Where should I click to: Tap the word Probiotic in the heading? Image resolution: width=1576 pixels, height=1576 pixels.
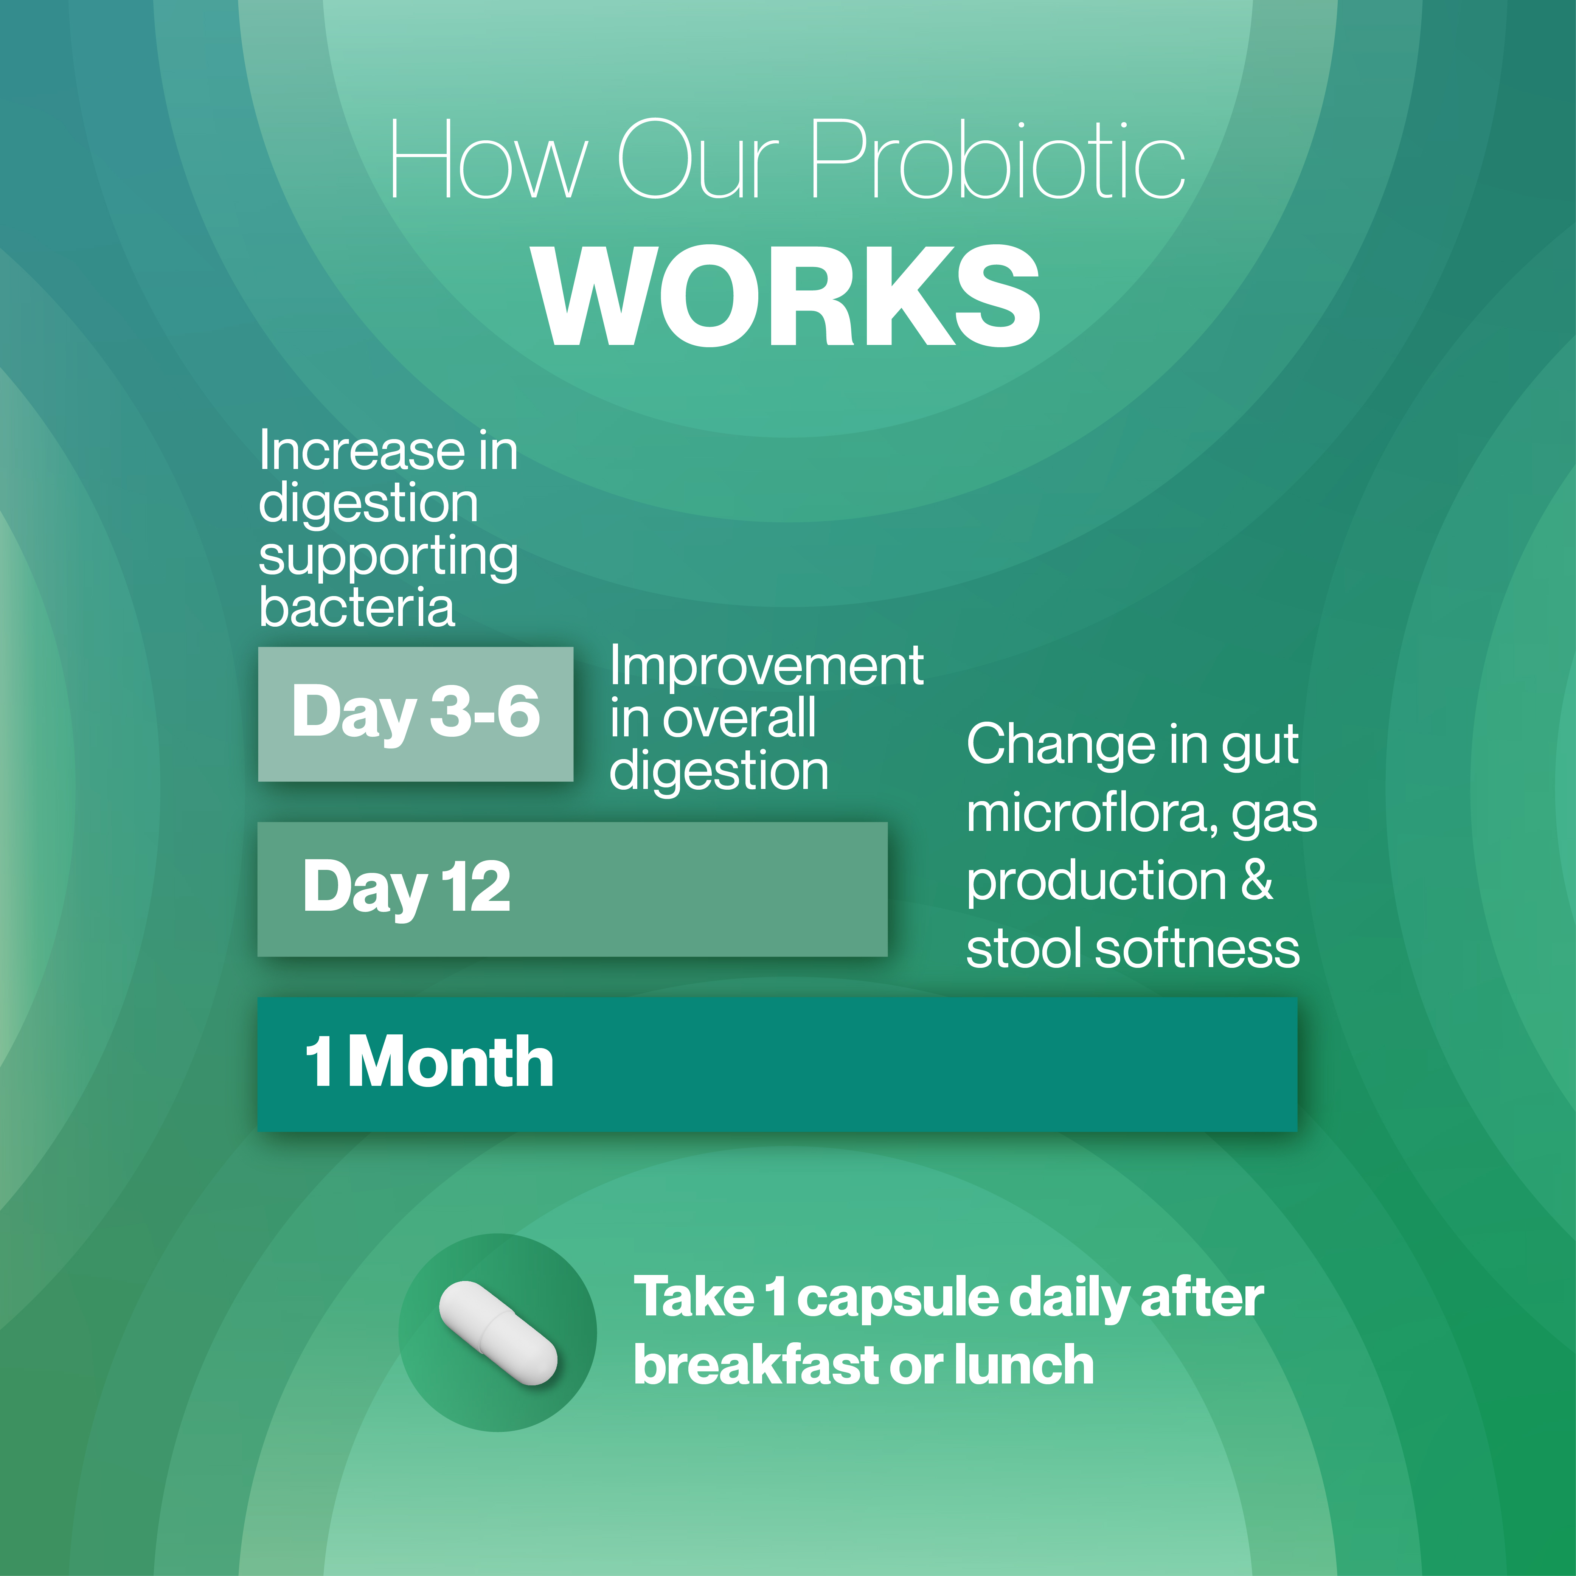tap(997, 159)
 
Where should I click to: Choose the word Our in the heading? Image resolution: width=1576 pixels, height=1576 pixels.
tap(699, 159)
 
